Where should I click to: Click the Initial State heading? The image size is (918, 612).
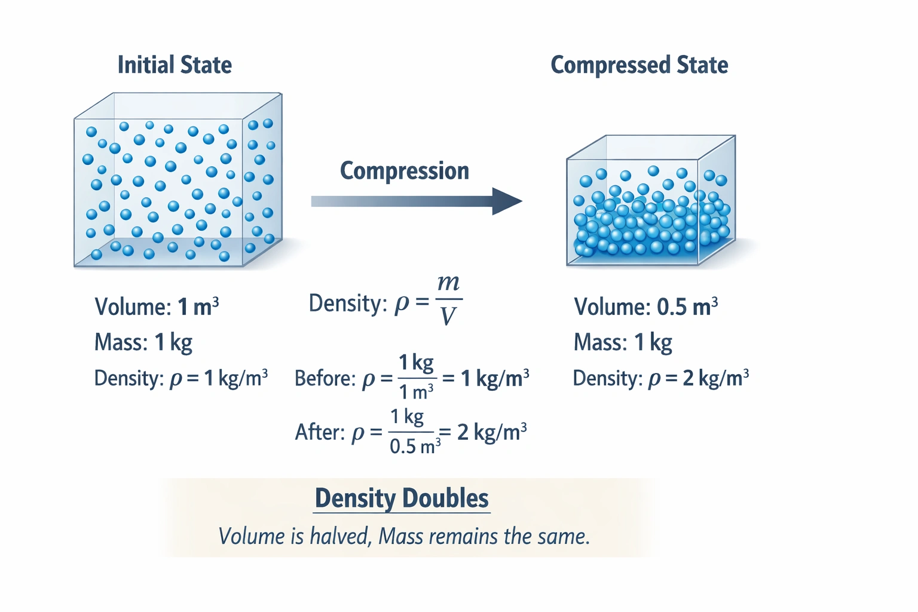[x=175, y=65]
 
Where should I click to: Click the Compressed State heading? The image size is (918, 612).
[x=639, y=65]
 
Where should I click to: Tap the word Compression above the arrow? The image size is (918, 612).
[x=404, y=171]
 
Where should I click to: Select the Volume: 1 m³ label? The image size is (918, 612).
[x=157, y=307]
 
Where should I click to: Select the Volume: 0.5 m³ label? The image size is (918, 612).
[x=645, y=307]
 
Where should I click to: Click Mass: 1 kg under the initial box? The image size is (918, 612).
[x=143, y=342]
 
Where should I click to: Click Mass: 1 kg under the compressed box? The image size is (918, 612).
[x=623, y=342]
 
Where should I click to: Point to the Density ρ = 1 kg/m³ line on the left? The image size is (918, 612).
[x=180, y=378]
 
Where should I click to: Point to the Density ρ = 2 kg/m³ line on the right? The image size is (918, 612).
[x=660, y=378]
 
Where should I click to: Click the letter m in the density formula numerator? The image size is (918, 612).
[x=448, y=283]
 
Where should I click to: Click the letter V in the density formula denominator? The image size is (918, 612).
[x=448, y=316]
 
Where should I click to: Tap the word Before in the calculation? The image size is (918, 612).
[x=325, y=379]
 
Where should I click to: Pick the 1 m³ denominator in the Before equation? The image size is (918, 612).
[x=416, y=392]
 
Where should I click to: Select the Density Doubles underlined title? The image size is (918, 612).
[x=402, y=498]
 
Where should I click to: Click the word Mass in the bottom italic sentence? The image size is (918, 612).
[x=400, y=536]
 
